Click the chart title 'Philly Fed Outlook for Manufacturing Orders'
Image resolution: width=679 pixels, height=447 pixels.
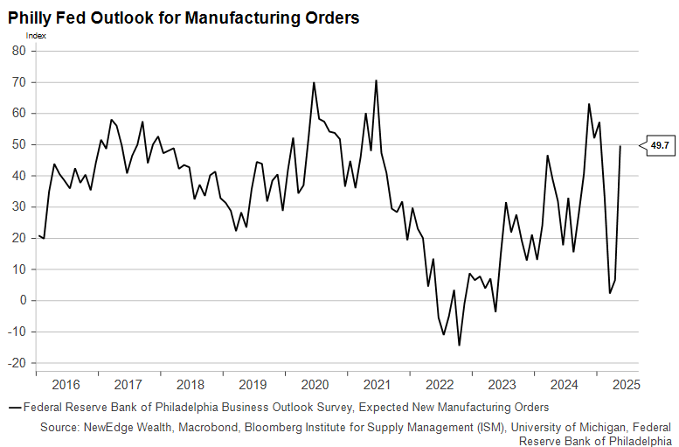click(x=184, y=17)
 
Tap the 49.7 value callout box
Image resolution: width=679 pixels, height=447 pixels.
click(x=660, y=146)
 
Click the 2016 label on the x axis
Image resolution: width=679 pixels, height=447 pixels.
click(x=66, y=384)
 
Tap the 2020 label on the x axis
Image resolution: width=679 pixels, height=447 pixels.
click(x=315, y=384)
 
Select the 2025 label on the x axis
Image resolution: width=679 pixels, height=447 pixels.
click(x=626, y=384)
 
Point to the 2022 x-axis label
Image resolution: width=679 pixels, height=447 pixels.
click(x=440, y=384)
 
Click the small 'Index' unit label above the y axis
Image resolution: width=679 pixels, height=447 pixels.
click(x=37, y=36)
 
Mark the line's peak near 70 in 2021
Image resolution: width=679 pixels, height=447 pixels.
click(x=376, y=80)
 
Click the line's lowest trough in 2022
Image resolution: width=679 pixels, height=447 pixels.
click(x=459, y=345)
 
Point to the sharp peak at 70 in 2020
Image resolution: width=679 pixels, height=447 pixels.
click(x=314, y=83)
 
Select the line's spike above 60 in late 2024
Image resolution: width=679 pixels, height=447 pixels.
click(x=589, y=104)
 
